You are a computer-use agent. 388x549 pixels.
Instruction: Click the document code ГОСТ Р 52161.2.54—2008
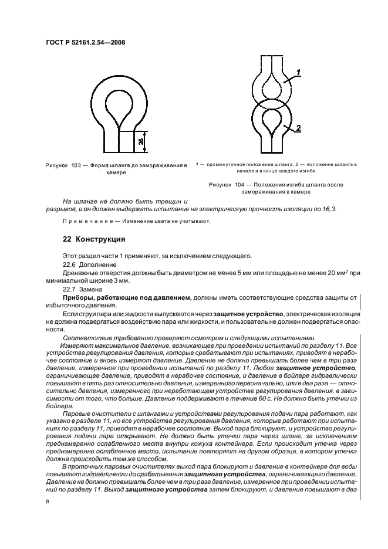pyautogui.click(x=85, y=42)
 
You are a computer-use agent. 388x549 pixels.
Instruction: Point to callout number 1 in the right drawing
pyautogui.click(x=298, y=73)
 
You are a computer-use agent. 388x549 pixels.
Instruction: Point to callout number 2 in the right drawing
pyautogui.click(x=298, y=127)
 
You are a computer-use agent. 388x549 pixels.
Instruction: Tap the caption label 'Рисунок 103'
pyautogui.click(x=63, y=166)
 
